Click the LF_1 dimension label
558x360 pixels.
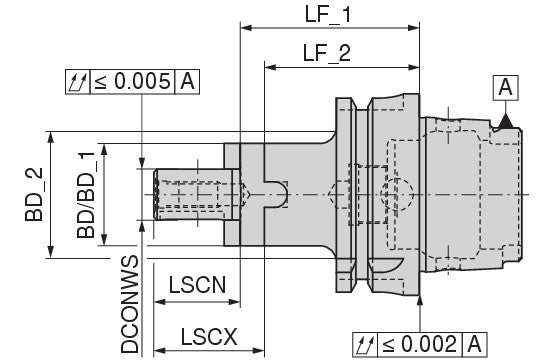328,14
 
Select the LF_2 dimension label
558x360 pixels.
327,53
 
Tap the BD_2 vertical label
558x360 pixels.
34,194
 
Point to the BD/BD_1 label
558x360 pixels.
86,194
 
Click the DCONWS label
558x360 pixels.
129,304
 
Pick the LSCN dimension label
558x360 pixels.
197,285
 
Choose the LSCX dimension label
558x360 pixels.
209,337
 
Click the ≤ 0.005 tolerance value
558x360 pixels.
132,82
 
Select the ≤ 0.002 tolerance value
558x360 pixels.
420,344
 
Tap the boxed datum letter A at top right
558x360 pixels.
505,88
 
